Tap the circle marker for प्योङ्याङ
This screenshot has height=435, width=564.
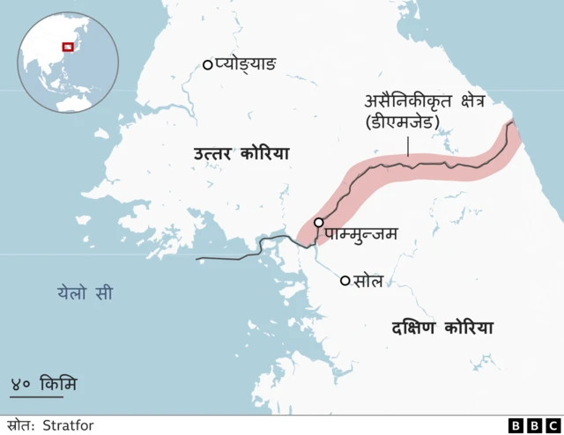(208, 63)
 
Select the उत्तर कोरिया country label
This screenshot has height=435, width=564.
(241, 155)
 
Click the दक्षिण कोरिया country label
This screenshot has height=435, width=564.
(442, 328)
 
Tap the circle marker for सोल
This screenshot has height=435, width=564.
(345, 281)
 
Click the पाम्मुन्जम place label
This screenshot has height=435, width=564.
(360, 233)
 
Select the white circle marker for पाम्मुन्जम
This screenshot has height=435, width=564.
(318, 223)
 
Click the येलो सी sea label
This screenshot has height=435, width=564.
(85, 292)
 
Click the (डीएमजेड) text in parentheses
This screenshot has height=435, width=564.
(401, 122)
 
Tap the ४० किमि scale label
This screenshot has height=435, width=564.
(43, 384)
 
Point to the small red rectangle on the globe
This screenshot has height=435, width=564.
(65, 47)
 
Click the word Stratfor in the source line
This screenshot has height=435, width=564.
(69, 425)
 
